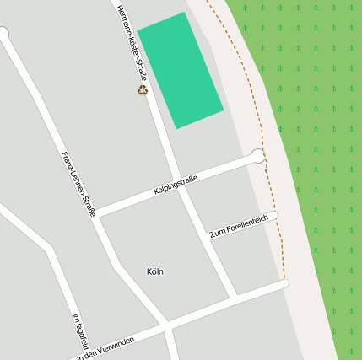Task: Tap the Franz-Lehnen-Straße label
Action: (x=78, y=184)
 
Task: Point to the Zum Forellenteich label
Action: (x=239, y=226)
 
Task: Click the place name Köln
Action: (x=155, y=271)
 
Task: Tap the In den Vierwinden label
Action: (x=105, y=347)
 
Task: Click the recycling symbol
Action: (x=143, y=90)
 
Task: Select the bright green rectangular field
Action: (x=181, y=70)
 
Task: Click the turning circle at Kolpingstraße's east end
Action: (x=258, y=155)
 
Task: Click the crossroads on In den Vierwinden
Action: (x=166, y=325)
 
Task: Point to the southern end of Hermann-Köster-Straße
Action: (x=233, y=296)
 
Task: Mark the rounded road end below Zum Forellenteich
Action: (x=284, y=283)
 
